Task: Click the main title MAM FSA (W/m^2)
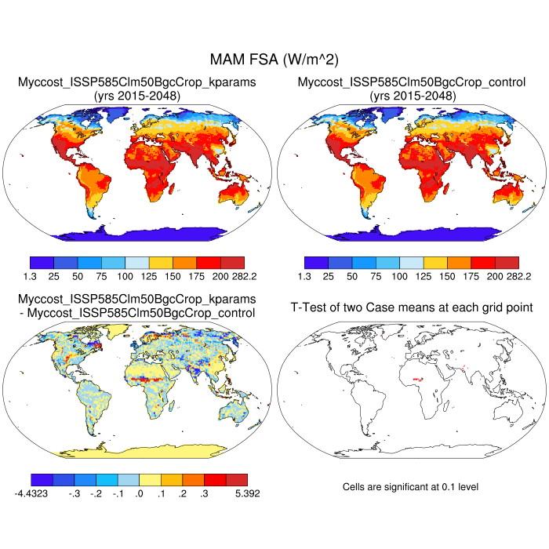tap(273, 60)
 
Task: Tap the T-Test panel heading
tap(412, 307)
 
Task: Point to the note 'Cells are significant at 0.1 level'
tap(410, 487)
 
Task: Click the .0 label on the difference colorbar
tap(139, 494)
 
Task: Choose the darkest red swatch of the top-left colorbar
tap(233, 263)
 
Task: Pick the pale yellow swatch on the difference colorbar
tap(150, 479)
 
